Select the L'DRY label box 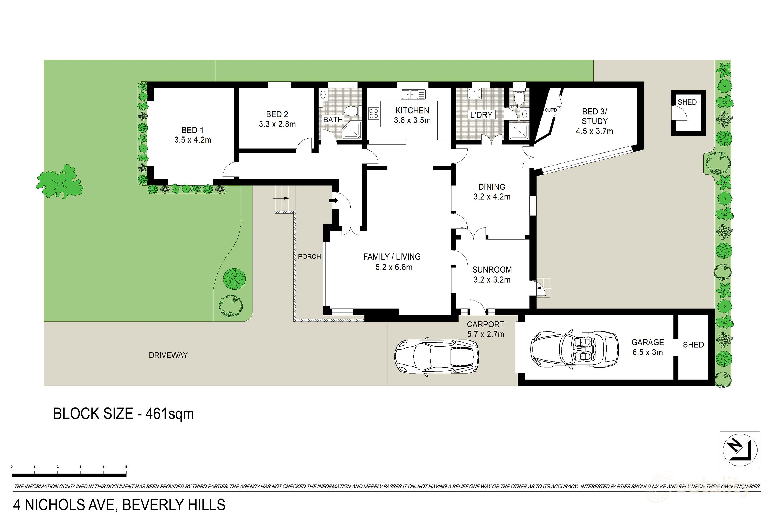point(481,115)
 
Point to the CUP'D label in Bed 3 point(551,110)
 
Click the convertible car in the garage point(574,349)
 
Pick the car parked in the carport point(437,357)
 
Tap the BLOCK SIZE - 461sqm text point(123,414)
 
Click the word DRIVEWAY point(168,355)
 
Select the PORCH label point(309,257)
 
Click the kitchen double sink point(413,94)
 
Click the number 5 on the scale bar point(126,467)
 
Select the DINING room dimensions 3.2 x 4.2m point(492,197)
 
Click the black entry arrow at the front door point(334,200)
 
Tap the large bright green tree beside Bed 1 point(60,181)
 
